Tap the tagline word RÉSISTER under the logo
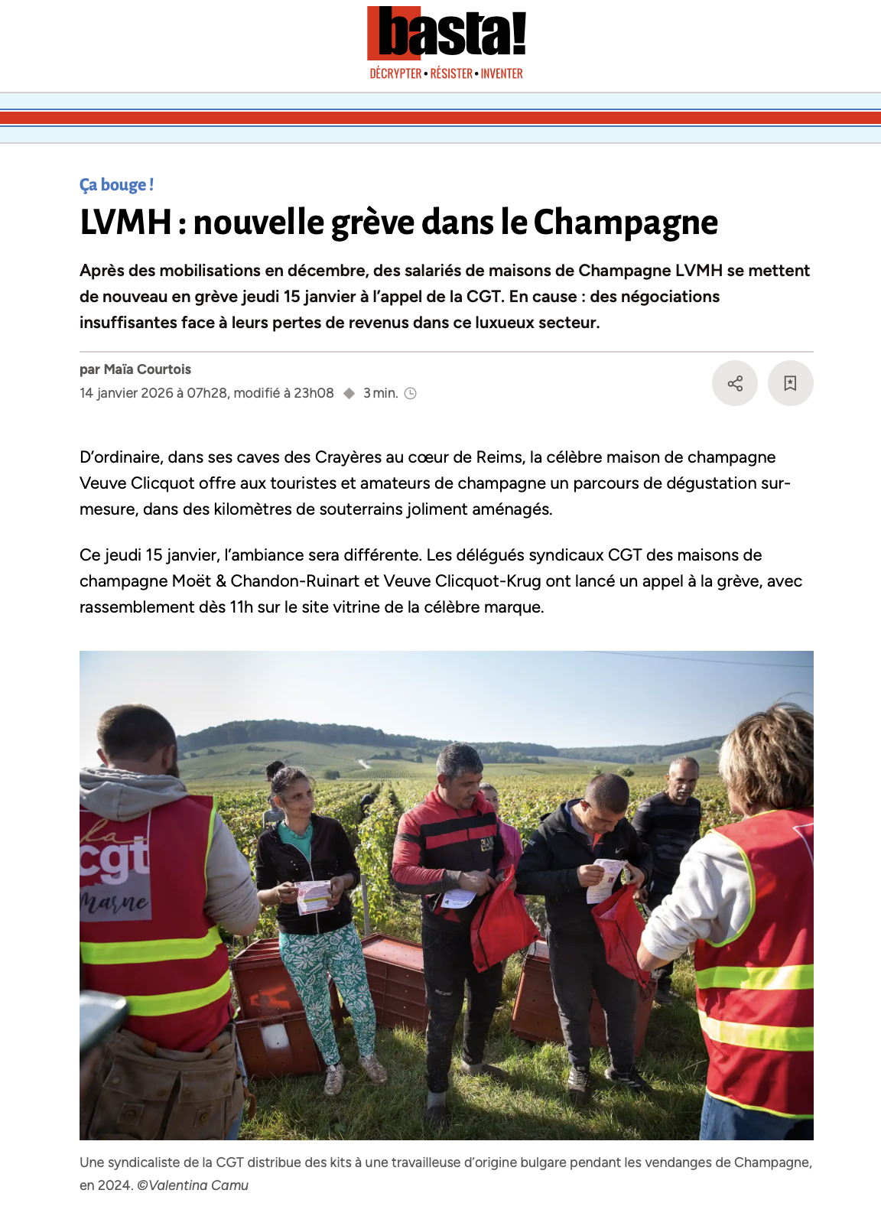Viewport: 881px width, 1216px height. coord(451,74)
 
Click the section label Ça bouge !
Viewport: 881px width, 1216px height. coord(116,185)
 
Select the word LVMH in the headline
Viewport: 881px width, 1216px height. coord(125,223)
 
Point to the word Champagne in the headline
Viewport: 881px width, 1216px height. coord(626,223)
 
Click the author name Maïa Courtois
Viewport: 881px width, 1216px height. coord(148,369)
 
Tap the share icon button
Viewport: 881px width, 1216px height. coord(735,383)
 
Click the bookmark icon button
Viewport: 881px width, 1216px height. coord(790,383)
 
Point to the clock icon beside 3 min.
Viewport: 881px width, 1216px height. coord(411,394)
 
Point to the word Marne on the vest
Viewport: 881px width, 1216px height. coord(115,902)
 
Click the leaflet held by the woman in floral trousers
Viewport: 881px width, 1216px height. coord(314,896)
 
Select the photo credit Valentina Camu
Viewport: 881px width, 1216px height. coord(198,1185)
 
